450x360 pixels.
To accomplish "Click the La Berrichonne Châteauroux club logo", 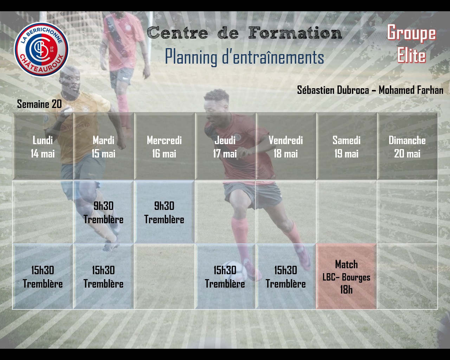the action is click(x=41, y=49).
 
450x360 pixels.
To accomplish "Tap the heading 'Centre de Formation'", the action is click(x=244, y=33).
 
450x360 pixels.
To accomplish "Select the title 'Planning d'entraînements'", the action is click(x=244, y=57).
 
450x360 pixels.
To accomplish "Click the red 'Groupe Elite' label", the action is click(x=411, y=44).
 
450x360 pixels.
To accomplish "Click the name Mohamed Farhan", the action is click(x=411, y=90).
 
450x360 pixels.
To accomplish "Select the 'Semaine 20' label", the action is click(x=39, y=104).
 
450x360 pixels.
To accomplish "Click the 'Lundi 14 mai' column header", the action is click(x=43, y=146).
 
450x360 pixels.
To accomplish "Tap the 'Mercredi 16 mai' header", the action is click(x=164, y=146).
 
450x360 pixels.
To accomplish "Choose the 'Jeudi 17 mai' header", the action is click(x=225, y=146).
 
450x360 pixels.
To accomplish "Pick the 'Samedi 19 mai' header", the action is click(x=347, y=146).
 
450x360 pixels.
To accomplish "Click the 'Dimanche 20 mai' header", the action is click(x=407, y=146).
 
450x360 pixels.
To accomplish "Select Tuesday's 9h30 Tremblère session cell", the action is click(x=103, y=212).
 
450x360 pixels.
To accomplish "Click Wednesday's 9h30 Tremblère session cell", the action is click(x=164, y=212).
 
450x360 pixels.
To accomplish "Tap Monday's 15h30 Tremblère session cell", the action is click(x=43, y=276).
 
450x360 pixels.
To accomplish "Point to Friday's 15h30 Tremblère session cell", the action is click(x=285, y=276).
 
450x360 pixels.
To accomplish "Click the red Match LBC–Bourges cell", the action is click(x=347, y=276).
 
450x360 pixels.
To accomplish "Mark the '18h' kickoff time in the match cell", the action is click(x=346, y=290).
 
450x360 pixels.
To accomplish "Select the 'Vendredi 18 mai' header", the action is click(x=285, y=146).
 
